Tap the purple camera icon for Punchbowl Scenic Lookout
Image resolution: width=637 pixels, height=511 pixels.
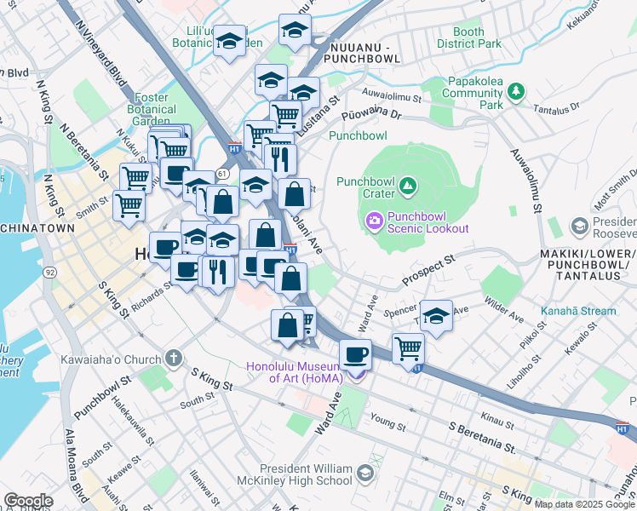tap(374, 222)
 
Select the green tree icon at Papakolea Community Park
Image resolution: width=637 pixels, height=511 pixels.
tap(515, 89)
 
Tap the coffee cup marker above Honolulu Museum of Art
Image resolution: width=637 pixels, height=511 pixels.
tap(355, 354)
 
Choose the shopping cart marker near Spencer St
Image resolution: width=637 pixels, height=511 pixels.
tap(409, 347)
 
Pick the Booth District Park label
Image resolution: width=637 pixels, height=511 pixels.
tap(468, 38)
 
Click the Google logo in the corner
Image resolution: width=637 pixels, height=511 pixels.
tap(28, 500)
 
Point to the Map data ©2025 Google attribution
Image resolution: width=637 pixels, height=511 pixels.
tap(583, 503)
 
